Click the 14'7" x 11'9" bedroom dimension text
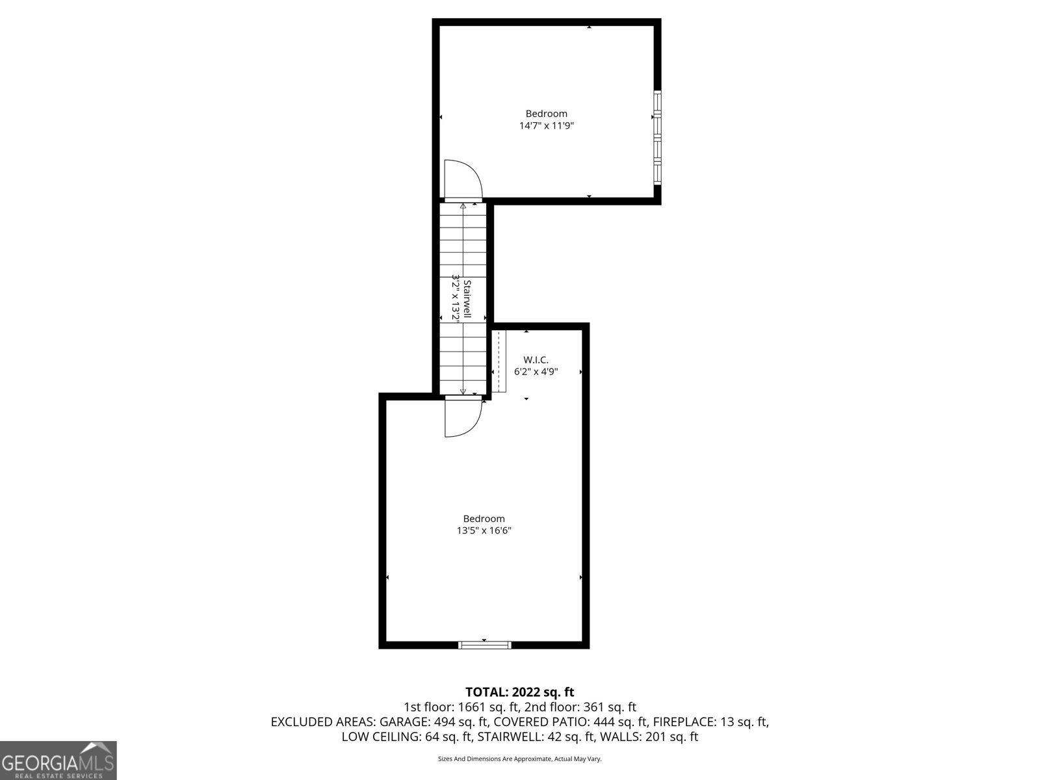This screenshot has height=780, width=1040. pos(546,126)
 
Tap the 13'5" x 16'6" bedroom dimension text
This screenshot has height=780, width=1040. pos(484,530)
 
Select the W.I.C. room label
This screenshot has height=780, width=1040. pos(536,360)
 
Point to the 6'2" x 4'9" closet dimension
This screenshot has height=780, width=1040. pos(536,372)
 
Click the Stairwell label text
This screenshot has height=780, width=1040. pos(467,299)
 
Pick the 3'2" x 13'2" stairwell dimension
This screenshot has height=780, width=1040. pos(456,299)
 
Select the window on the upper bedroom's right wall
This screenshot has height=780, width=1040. pos(657,137)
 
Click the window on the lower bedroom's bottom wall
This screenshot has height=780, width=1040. pos(485,645)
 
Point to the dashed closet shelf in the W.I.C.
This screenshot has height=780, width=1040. pos(499,361)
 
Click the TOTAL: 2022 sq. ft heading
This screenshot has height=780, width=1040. pos(520,692)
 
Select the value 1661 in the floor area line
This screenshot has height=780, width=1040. pos(469,707)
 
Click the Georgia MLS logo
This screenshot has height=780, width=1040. pos(58,760)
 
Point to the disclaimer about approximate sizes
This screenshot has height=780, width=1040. pos(520,759)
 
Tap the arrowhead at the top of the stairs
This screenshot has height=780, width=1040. pos(463,205)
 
